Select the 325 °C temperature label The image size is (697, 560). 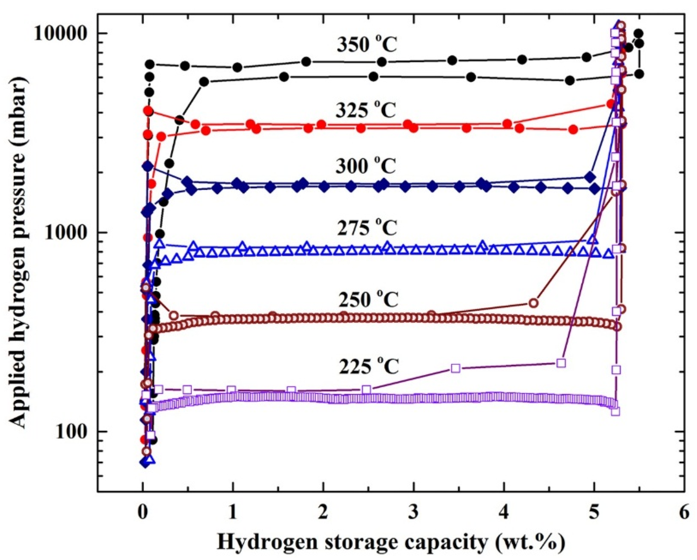pyautogui.click(x=366, y=111)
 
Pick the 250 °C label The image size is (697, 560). pyautogui.click(x=369, y=300)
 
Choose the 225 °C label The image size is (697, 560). pyautogui.click(x=369, y=367)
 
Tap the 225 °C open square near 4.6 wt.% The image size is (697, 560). pyautogui.click(x=562, y=363)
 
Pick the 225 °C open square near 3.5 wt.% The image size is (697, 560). pyautogui.click(x=456, y=369)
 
